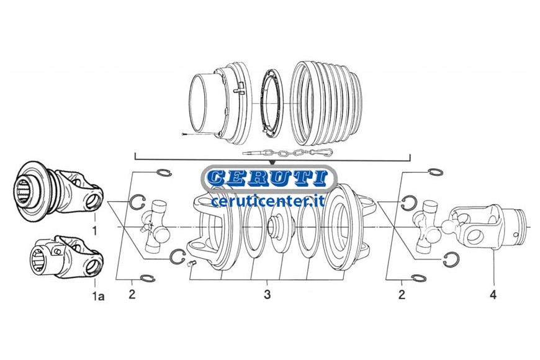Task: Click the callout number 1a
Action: [x=99, y=295]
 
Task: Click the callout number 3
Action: [x=268, y=295]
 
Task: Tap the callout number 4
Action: [x=493, y=295]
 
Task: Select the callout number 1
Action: [x=95, y=230]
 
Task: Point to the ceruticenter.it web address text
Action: [x=268, y=200]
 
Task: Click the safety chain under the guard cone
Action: [x=288, y=152]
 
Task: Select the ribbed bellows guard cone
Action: [x=326, y=104]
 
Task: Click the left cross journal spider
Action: [x=156, y=227]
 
